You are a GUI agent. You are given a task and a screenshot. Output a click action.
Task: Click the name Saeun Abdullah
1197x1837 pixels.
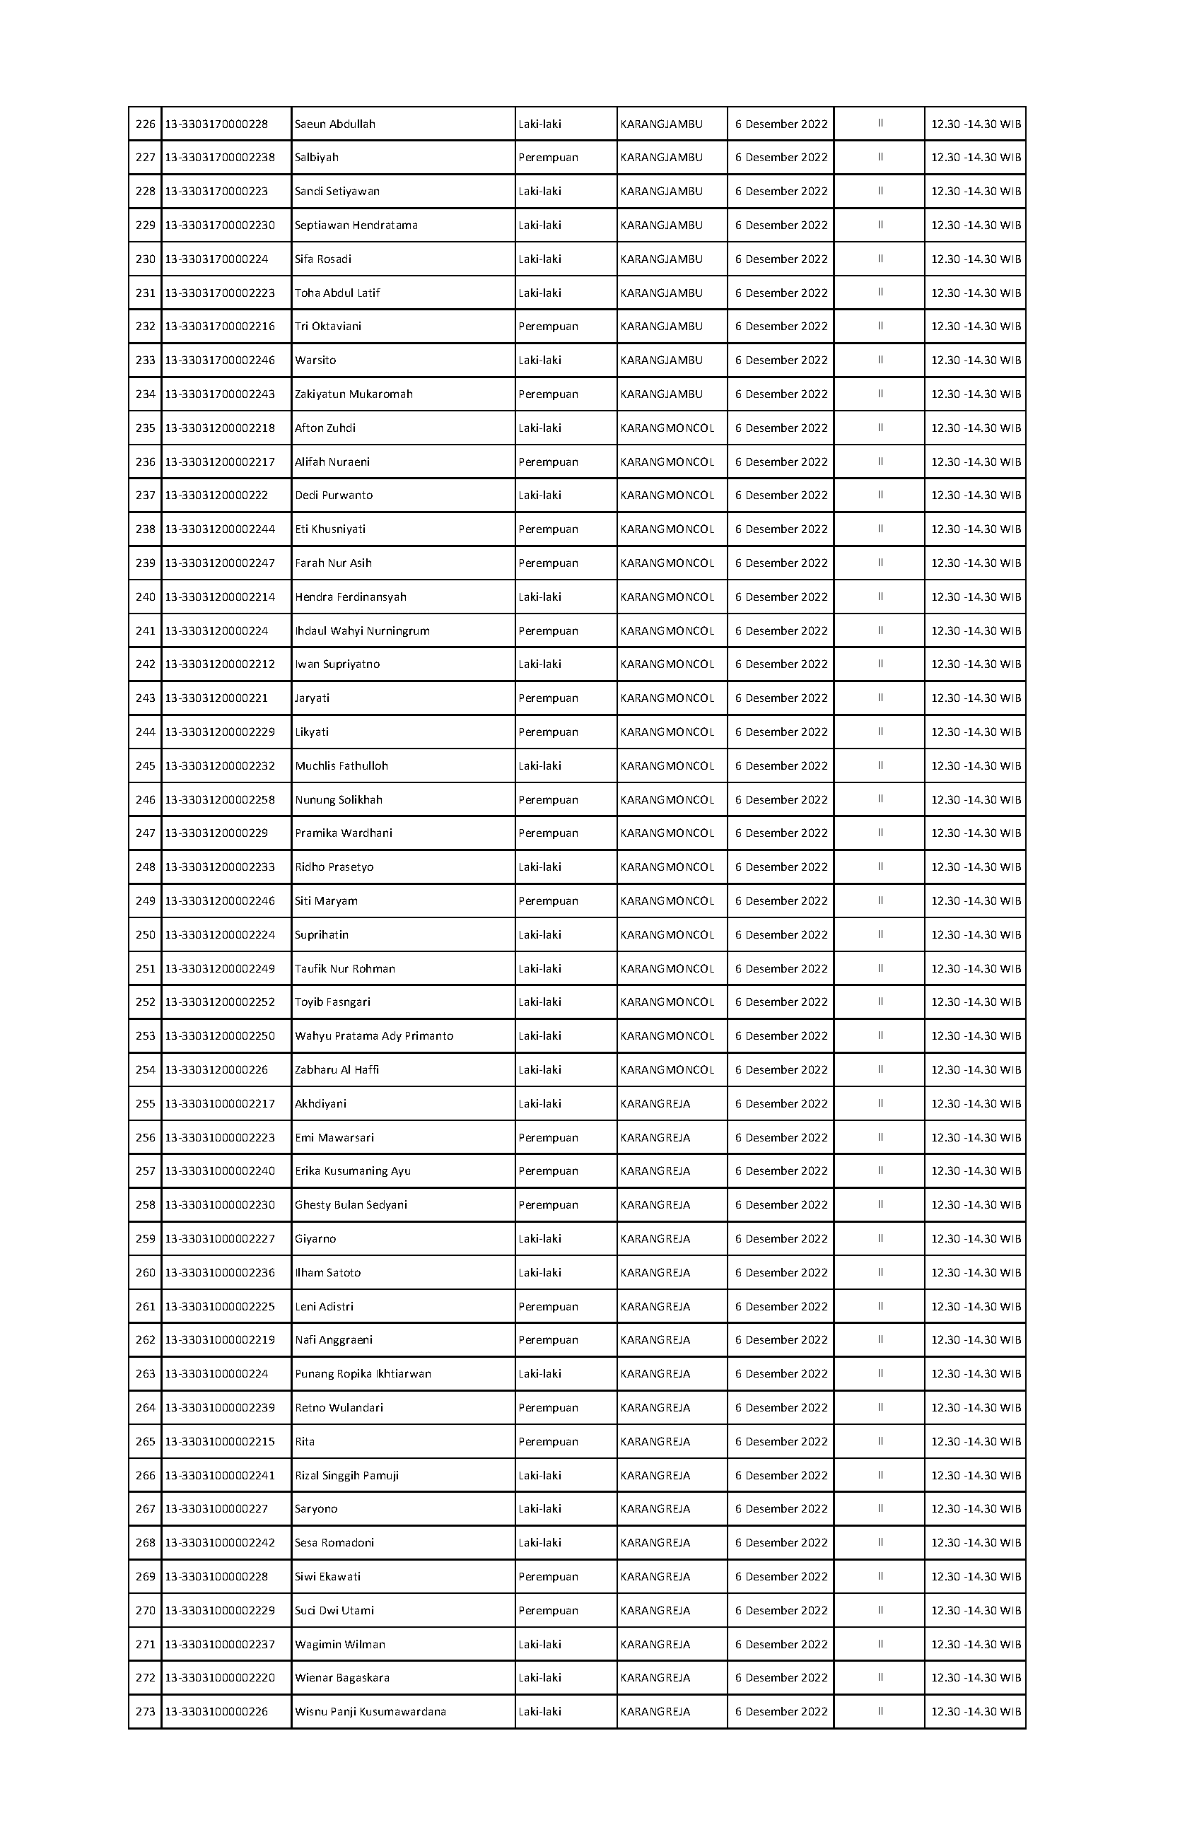click(x=334, y=124)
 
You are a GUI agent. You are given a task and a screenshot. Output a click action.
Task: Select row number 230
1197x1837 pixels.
click(x=145, y=259)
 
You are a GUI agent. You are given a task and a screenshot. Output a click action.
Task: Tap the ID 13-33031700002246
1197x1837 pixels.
click(x=220, y=360)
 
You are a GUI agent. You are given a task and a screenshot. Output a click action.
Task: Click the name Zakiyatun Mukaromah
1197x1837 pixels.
click(x=354, y=394)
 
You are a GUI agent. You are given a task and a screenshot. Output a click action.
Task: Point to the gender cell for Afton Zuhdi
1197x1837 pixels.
click(x=539, y=428)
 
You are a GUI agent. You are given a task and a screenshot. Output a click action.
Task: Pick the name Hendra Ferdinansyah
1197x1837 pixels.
click(x=351, y=597)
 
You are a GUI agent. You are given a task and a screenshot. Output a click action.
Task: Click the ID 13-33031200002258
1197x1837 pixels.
click(x=220, y=800)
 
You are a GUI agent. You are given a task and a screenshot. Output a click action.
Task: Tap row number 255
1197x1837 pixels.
click(x=145, y=1105)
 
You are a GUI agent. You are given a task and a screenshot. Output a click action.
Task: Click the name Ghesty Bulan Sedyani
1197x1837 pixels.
click(x=351, y=1206)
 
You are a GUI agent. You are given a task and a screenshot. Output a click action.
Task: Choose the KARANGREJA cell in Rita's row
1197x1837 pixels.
click(x=655, y=1442)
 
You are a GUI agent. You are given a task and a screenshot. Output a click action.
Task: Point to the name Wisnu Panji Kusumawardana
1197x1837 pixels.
click(x=370, y=1712)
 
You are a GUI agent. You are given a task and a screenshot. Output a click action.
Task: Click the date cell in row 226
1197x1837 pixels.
click(x=781, y=124)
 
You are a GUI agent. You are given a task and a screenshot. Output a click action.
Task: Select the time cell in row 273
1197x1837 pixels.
click(x=976, y=1712)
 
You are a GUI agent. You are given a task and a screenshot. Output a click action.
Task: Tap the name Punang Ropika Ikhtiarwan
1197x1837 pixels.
click(x=363, y=1374)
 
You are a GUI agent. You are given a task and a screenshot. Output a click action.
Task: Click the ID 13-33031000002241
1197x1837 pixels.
click(x=220, y=1476)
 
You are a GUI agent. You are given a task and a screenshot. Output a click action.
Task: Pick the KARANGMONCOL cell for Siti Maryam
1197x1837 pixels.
click(x=667, y=901)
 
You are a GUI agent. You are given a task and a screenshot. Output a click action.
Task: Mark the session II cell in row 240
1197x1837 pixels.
click(x=880, y=597)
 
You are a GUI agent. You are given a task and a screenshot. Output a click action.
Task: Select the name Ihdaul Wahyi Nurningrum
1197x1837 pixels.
click(x=362, y=631)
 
